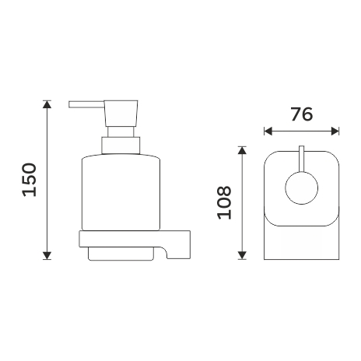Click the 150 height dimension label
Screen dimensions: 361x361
coord(30,180)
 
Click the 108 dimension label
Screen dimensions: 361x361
coord(224,202)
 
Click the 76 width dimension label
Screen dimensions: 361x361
coord(302,114)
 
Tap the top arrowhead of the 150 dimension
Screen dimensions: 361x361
coord(47,104)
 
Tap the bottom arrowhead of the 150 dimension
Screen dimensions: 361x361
coord(47,255)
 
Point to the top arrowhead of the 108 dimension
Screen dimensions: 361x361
coord(242,150)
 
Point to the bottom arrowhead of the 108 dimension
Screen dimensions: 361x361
coord(242,255)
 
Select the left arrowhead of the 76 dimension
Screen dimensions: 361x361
coord(268,131)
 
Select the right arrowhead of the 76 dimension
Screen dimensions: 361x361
coord(335,131)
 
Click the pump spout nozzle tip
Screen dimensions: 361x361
coord(70,104)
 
